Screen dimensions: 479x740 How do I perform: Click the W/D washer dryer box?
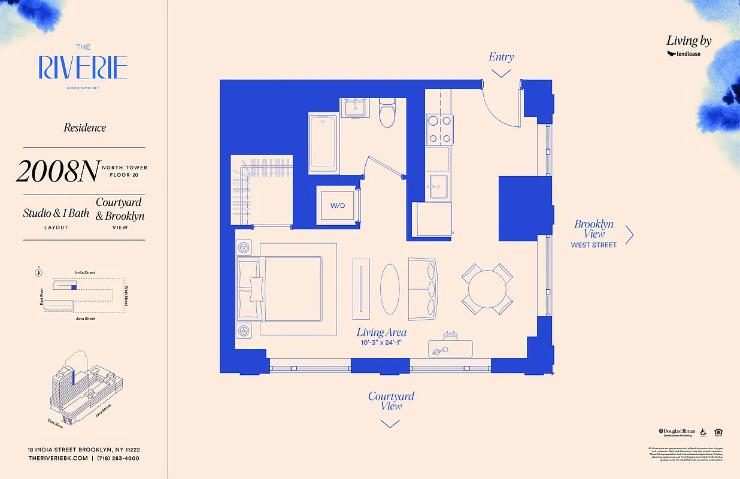coord(338,206)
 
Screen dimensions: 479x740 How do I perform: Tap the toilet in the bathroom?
coord(388,113)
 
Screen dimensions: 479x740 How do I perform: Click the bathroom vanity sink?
coord(359,108)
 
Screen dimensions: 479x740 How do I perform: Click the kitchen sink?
coord(438,186)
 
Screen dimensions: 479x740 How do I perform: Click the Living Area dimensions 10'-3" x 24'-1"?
coord(381,343)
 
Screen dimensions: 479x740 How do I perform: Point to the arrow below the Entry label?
coord(501,73)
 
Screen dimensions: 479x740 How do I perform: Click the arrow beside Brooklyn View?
coord(629,235)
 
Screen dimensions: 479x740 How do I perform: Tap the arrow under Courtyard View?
coord(390,424)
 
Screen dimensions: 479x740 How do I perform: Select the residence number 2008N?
coord(57,172)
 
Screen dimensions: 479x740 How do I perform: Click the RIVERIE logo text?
coord(83,68)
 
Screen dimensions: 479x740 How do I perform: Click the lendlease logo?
coord(684,54)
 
